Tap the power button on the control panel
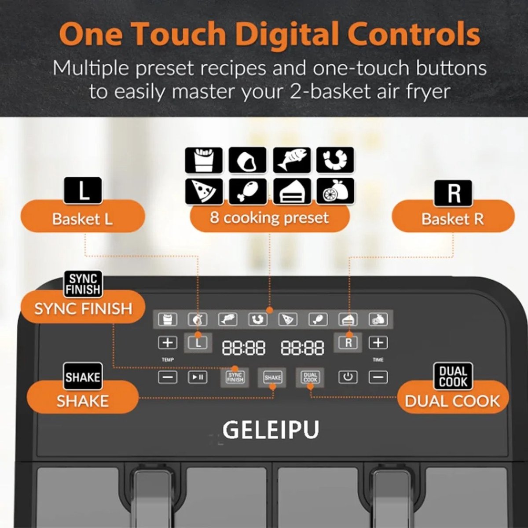[x=348, y=377]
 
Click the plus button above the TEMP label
[x=168, y=343]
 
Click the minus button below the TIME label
[x=378, y=377]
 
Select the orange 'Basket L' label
[x=83, y=216]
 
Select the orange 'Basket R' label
[x=453, y=216]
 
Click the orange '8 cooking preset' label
[x=270, y=216]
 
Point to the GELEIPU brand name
[x=271, y=429]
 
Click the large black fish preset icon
[x=292, y=161]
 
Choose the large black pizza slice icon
[x=204, y=191]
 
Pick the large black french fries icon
[x=204, y=161]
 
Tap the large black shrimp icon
[x=335, y=160]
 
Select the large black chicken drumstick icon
[x=248, y=191]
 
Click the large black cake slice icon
[x=292, y=191]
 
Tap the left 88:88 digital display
[x=243, y=348]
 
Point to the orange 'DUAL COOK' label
[x=453, y=400]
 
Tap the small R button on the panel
[x=348, y=343]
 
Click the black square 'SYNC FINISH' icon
[x=83, y=284]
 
